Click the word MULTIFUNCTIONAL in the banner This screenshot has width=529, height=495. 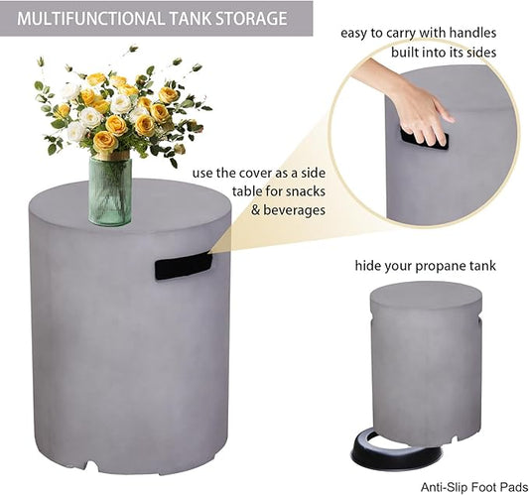(91, 18)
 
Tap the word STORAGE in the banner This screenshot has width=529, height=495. (251, 18)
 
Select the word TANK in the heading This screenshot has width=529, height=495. (191, 18)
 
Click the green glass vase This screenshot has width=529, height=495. (110, 190)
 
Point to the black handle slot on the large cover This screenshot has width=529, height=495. (184, 267)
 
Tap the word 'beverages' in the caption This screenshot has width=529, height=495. (294, 210)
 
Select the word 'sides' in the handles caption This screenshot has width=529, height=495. (481, 53)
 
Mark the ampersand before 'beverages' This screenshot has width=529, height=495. (255, 210)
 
